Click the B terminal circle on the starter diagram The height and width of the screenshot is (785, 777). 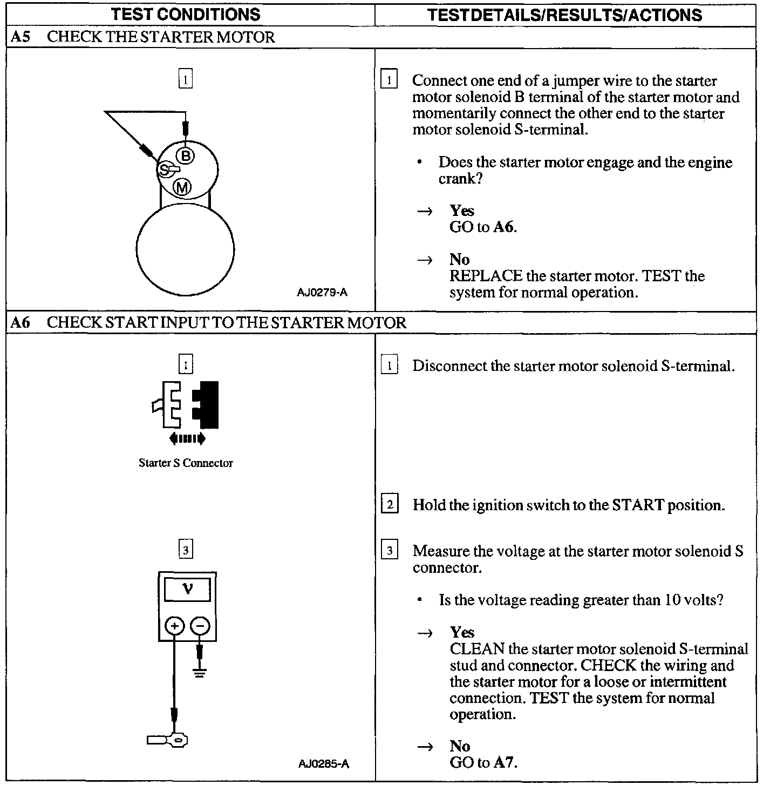click(186, 156)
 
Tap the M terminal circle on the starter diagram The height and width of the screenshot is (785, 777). click(182, 187)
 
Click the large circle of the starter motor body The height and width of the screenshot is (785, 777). click(185, 249)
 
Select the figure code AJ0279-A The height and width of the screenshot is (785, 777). click(322, 293)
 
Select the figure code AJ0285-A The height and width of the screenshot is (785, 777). click(323, 763)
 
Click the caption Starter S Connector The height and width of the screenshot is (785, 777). click(186, 463)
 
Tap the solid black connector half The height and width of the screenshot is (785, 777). click(206, 404)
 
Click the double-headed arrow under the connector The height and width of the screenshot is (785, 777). click(187, 438)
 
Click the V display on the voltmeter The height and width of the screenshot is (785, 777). click(187, 589)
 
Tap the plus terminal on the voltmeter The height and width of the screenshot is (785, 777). click(174, 626)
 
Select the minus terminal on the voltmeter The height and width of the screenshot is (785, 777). click(200, 626)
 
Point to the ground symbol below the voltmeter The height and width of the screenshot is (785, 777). click(200, 673)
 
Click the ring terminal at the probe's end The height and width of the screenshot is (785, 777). click(176, 740)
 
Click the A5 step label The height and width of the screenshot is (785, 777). click(20, 37)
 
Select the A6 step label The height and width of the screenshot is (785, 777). click(21, 323)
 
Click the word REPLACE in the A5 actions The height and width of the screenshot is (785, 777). click(486, 276)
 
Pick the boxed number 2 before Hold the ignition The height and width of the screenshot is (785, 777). click(390, 505)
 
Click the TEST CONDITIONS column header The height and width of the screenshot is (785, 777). click(186, 14)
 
